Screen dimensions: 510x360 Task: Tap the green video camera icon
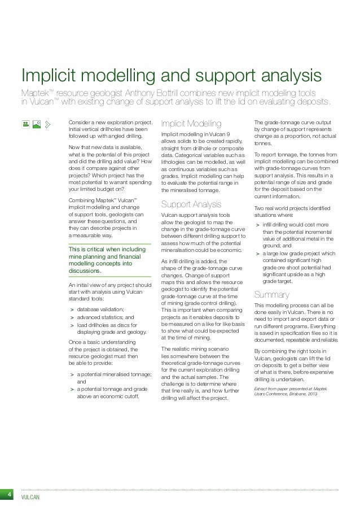pos(26,123)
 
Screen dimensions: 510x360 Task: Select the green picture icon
pos(37,123)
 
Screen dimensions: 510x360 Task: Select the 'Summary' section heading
pos(273,294)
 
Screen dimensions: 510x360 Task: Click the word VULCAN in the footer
pos(29,497)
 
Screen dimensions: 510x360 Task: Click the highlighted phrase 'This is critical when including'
pos(107,249)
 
